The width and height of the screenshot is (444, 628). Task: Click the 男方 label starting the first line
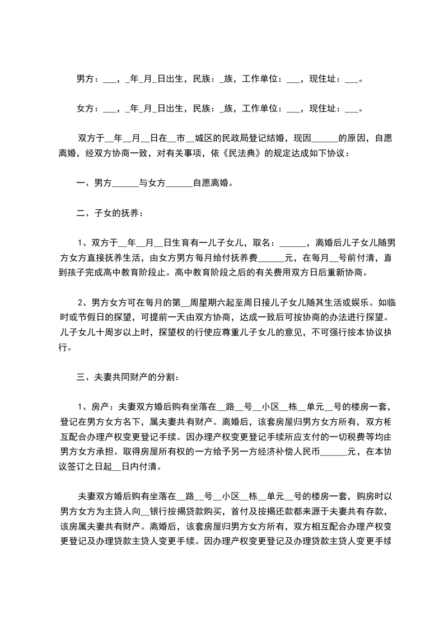click(x=85, y=79)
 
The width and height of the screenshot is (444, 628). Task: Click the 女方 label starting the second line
click(x=85, y=109)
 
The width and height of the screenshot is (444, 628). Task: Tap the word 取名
click(x=261, y=243)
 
